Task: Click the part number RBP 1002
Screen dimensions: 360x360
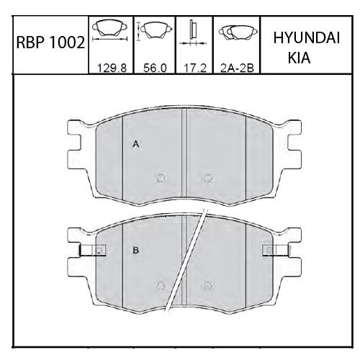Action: [x=50, y=42]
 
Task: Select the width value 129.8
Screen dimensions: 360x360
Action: [x=112, y=68]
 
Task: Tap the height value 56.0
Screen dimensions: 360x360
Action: [x=155, y=68]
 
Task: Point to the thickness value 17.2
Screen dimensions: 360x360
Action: [x=195, y=68]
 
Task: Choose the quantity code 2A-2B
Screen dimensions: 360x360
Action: [x=237, y=68]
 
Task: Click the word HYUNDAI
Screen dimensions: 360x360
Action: [x=307, y=38]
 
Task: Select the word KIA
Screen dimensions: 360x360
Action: [x=299, y=58]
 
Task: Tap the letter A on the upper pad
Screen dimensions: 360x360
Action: [x=136, y=144]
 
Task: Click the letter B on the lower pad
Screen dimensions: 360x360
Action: [x=136, y=251]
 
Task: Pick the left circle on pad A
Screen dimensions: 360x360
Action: [x=161, y=178]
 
